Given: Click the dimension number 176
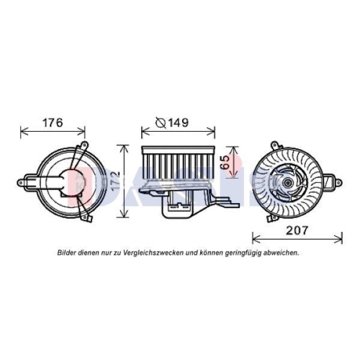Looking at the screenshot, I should click(x=50, y=123).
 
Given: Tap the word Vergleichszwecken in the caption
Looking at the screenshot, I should click(x=150, y=253).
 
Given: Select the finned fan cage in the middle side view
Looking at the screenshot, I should click(x=178, y=161).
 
